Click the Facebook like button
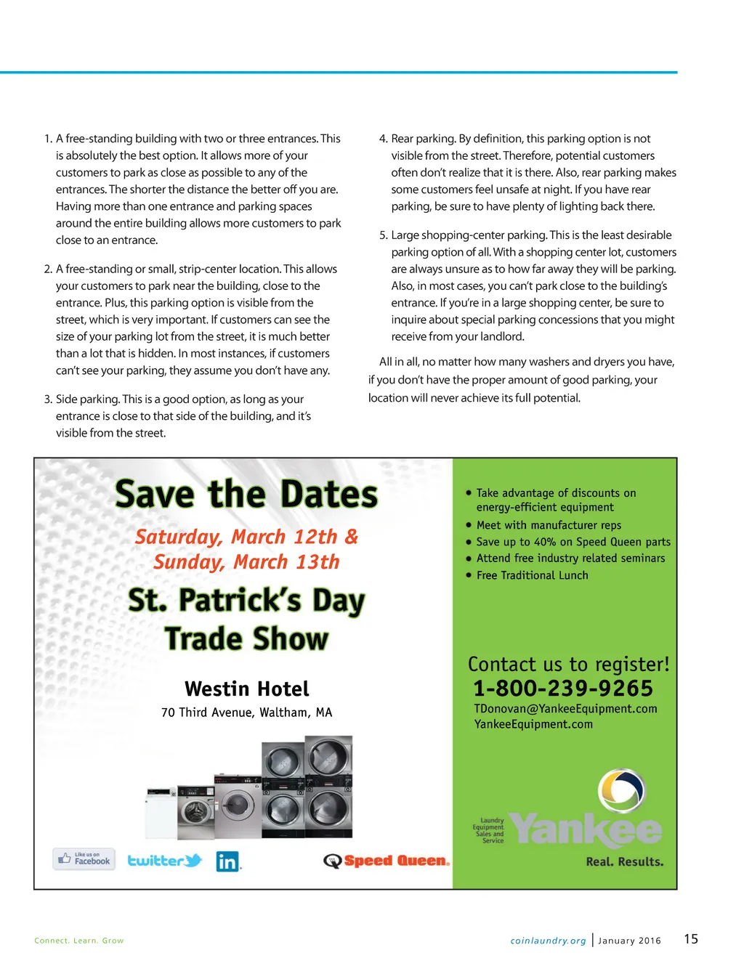tap(84, 859)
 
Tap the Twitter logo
tap(164, 861)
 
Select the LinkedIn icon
tap(227, 861)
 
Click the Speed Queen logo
tap(387, 861)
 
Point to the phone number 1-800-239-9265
tap(563, 689)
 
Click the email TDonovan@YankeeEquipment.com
tap(565, 709)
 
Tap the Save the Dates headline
tap(246, 494)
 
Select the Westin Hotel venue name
tap(246, 689)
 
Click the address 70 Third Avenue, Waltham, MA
tap(246, 713)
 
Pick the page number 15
tap(691, 939)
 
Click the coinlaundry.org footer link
tap(548, 941)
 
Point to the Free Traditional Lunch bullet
tap(532, 575)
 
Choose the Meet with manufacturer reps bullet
tap(549, 525)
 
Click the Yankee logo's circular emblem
tap(622, 792)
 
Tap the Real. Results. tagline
tap(624, 862)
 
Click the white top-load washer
tap(161, 812)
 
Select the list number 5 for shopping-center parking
tap(383, 235)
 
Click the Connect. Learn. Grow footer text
tap(78, 941)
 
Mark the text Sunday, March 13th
tap(246, 562)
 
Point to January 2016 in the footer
tap(629, 941)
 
